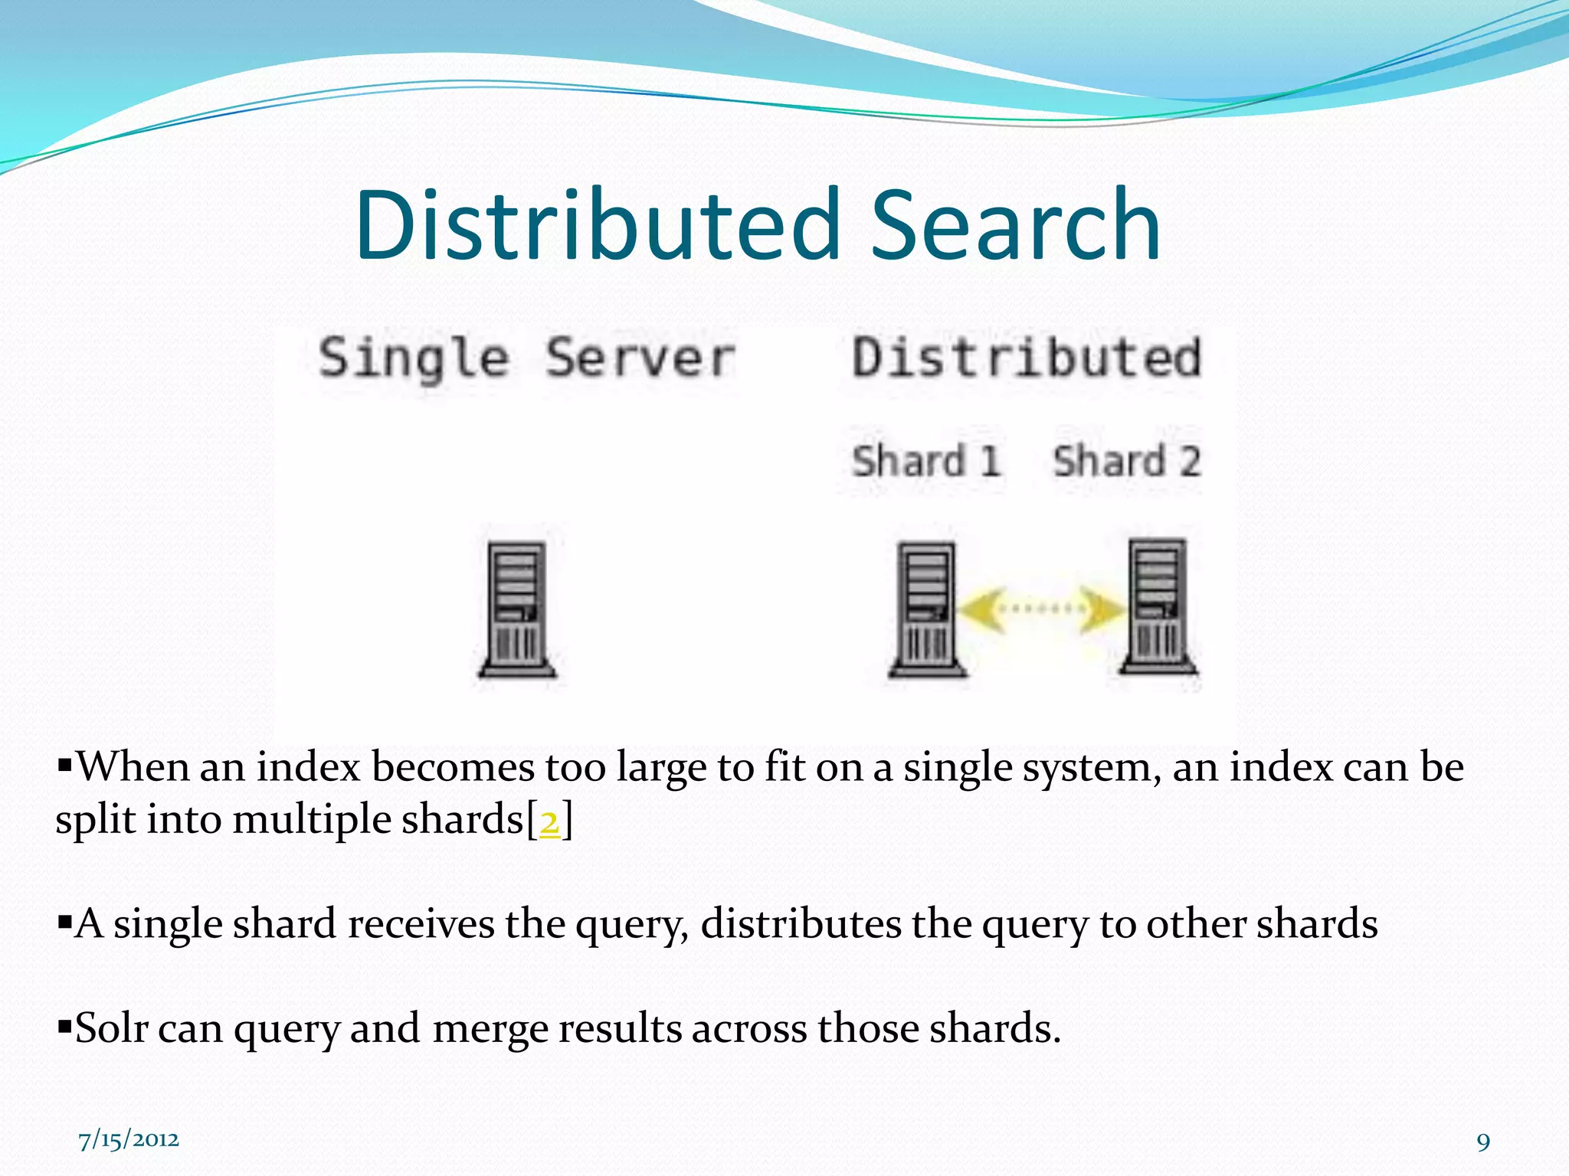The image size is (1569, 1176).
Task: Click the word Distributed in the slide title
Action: (x=598, y=226)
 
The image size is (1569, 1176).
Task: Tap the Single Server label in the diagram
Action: (x=527, y=358)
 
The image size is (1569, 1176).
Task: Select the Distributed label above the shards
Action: (x=1027, y=358)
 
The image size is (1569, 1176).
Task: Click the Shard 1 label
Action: (x=926, y=462)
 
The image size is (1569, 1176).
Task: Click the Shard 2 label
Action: (x=1126, y=462)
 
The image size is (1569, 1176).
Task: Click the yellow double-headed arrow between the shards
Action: (x=1042, y=609)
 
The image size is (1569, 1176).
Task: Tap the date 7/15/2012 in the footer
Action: (x=129, y=1140)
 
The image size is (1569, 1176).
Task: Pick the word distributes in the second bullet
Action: (x=801, y=923)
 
